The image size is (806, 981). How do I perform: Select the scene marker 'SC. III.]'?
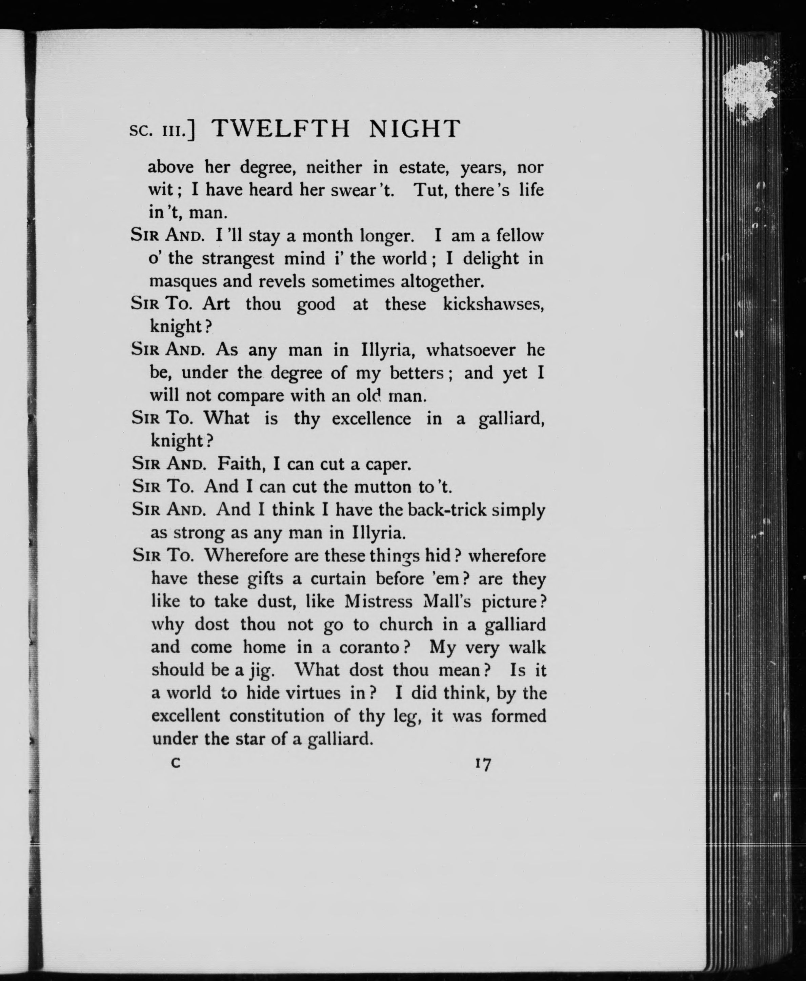point(162,131)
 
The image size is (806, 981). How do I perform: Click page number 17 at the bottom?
point(483,764)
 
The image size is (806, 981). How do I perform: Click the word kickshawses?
point(493,304)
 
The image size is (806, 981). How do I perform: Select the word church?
point(406,625)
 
